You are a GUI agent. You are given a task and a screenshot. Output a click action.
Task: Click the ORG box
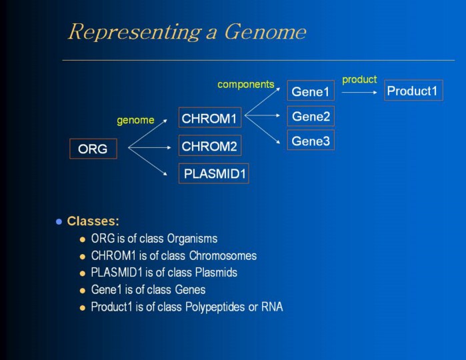pos(93,149)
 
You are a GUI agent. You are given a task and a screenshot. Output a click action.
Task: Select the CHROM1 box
pos(209,119)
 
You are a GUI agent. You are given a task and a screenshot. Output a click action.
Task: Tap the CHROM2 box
pos(209,145)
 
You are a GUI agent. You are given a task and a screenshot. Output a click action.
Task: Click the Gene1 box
pos(311,91)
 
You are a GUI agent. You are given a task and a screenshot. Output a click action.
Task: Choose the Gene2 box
pos(311,117)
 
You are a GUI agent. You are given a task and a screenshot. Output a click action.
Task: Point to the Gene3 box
pos(311,141)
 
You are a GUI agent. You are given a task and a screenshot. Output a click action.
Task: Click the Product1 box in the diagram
pos(413,91)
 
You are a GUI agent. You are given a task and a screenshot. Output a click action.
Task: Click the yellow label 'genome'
pos(135,121)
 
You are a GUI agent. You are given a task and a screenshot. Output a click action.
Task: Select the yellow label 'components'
pos(245,85)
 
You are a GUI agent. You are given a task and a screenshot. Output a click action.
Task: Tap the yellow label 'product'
pos(359,80)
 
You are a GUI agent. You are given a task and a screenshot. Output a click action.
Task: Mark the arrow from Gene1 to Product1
pos(359,92)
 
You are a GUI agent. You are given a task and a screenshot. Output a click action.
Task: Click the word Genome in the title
pos(265,32)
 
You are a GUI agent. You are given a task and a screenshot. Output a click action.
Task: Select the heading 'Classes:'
pos(93,221)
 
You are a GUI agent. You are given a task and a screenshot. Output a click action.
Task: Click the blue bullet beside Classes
pos(59,221)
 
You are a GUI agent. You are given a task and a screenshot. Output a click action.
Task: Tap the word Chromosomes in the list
pos(223,256)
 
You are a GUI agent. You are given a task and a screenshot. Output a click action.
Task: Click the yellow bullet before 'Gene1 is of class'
pos(83,291)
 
